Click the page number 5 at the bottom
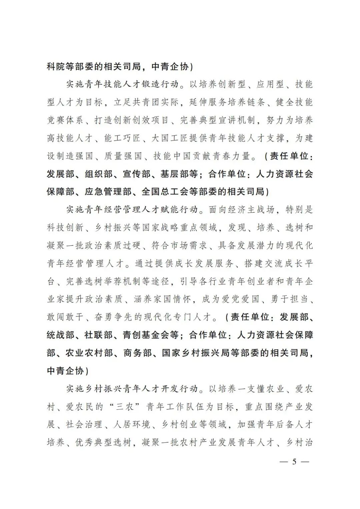click(x=294, y=462)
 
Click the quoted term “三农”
click(x=123, y=407)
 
